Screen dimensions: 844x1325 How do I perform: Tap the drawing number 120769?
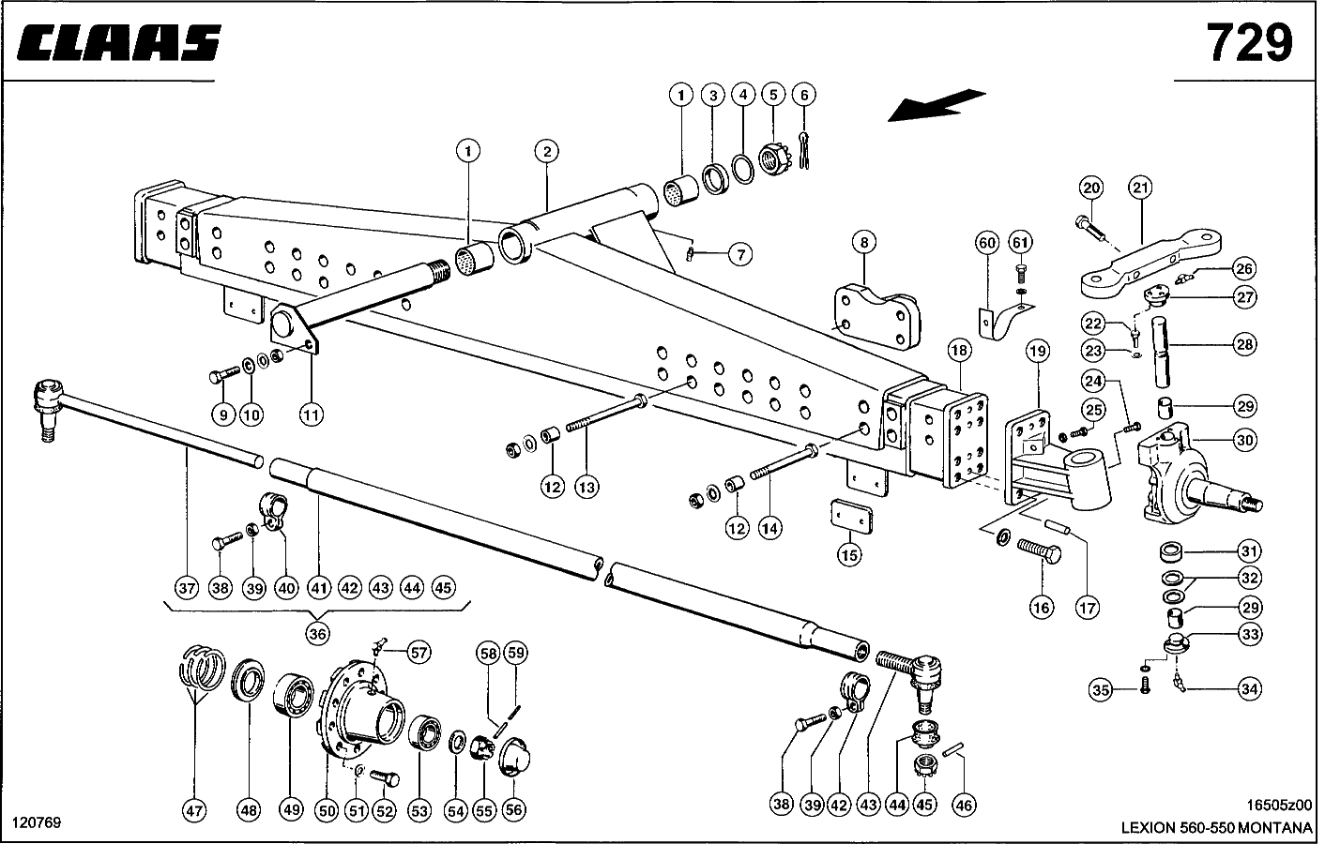[x=37, y=822]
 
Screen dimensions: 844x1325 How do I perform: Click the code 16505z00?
[x=1281, y=805]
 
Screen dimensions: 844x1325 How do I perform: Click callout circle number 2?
[x=547, y=150]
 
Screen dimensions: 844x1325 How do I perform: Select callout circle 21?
[x=1140, y=188]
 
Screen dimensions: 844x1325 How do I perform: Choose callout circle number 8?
[x=863, y=243]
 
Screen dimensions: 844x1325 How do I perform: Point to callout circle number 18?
[x=958, y=352]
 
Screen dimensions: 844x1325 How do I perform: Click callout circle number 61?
[x=1020, y=243]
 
